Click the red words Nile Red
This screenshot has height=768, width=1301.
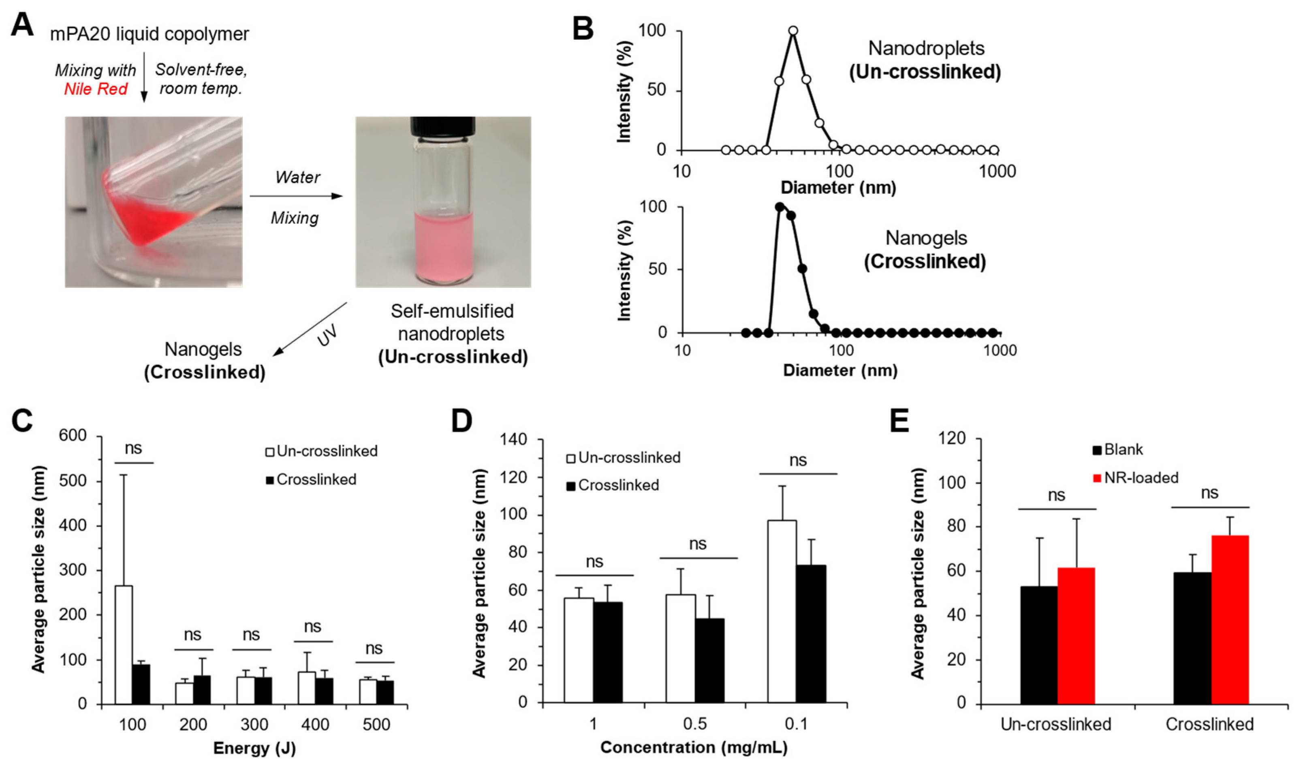(x=96, y=89)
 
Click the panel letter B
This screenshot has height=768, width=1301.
(x=583, y=28)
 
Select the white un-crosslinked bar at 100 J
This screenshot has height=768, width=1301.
(x=124, y=645)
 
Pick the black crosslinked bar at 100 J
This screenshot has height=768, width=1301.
(x=141, y=684)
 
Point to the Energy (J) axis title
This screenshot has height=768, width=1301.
(x=254, y=748)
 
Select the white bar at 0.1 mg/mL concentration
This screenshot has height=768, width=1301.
(x=782, y=611)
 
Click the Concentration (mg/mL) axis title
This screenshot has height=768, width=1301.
(x=694, y=747)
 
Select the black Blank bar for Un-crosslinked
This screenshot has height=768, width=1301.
(x=1039, y=645)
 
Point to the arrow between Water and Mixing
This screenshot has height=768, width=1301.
(x=297, y=197)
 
